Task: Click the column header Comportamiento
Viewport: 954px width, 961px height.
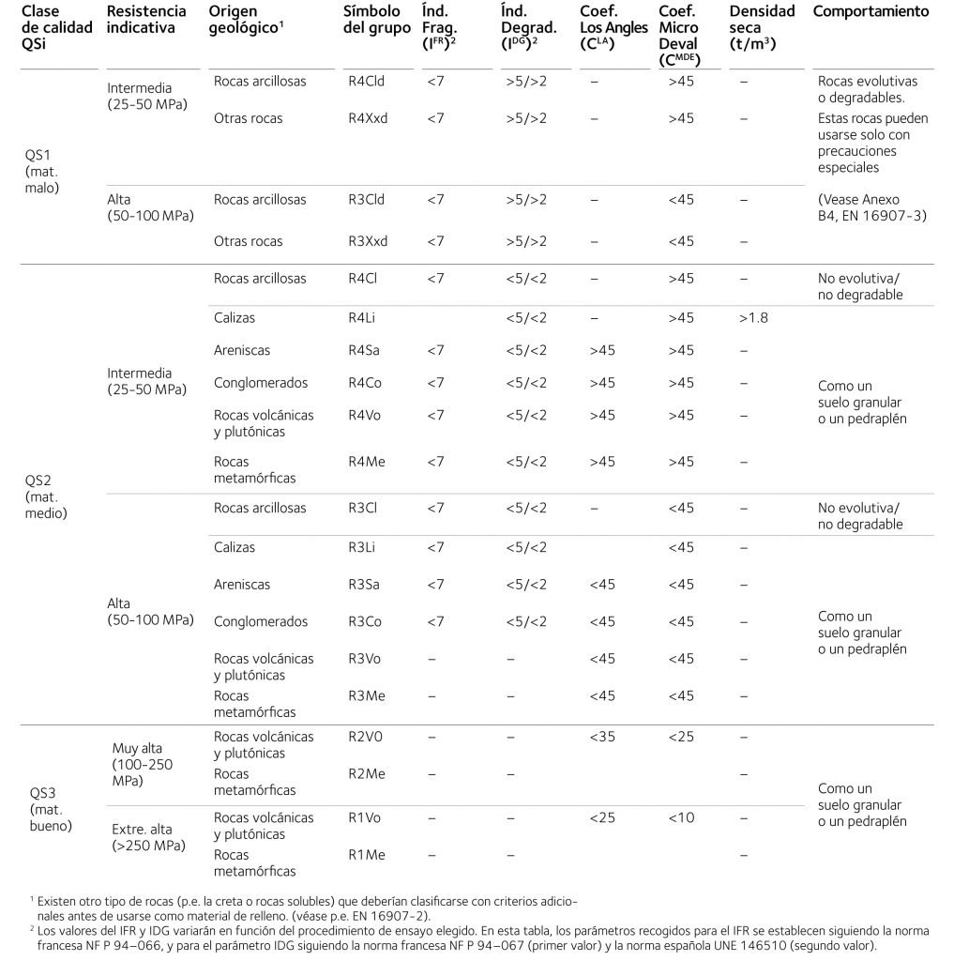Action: (x=871, y=12)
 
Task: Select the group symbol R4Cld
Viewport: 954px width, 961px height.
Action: (x=366, y=82)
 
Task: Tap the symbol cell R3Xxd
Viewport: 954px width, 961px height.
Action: (x=367, y=241)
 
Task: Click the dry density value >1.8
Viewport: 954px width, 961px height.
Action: (x=752, y=318)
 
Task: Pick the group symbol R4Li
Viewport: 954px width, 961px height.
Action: (x=362, y=318)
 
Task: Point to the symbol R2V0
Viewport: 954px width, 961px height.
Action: (x=365, y=737)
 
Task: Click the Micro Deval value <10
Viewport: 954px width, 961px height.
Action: (x=681, y=817)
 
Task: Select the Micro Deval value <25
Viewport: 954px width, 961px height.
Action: (x=681, y=737)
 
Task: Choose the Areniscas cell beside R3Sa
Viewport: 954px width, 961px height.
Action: (x=242, y=585)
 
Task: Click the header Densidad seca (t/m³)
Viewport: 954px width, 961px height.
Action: (x=761, y=27)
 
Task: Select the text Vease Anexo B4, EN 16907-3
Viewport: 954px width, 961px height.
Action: (x=871, y=207)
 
